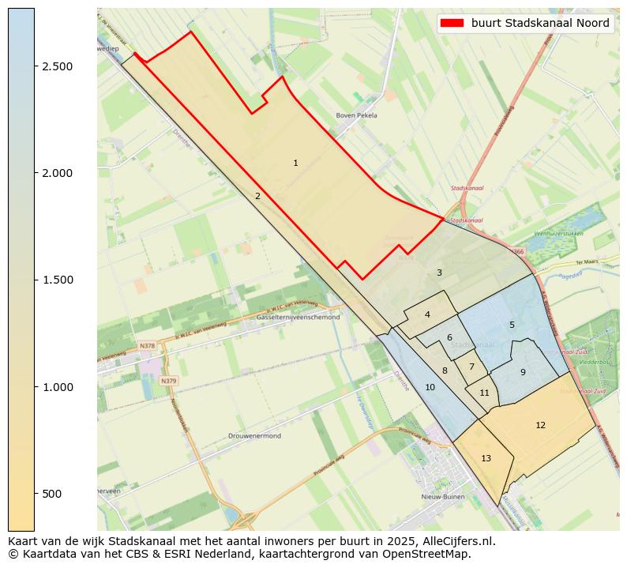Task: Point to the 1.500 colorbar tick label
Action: pyautogui.click(x=58, y=280)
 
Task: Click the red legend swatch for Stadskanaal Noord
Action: pyautogui.click(x=452, y=23)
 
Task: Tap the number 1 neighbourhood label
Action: pyautogui.click(x=295, y=163)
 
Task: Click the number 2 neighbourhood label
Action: pyautogui.click(x=257, y=196)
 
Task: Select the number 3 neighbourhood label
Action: pyautogui.click(x=439, y=273)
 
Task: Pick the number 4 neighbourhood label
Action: pyautogui.click(x=427, y=314)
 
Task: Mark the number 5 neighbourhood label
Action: pyautogui.click(x=512, y=325)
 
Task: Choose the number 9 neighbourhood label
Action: pyautogui.click(x=523, y=372)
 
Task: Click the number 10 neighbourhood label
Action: pyautogui.click(x=430, y=387)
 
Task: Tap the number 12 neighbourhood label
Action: pyautogui.click(x=540, y=425)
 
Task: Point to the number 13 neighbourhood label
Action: pyautogui.click(x=486, y=458)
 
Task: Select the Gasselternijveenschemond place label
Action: pyautogui.click(x=298, y=317)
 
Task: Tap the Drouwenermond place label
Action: pyautogui.click(x=254, y=436)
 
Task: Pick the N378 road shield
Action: pyautogui.click(x=147, y=346)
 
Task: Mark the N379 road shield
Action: pyautogui.click(x=168, y=381)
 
